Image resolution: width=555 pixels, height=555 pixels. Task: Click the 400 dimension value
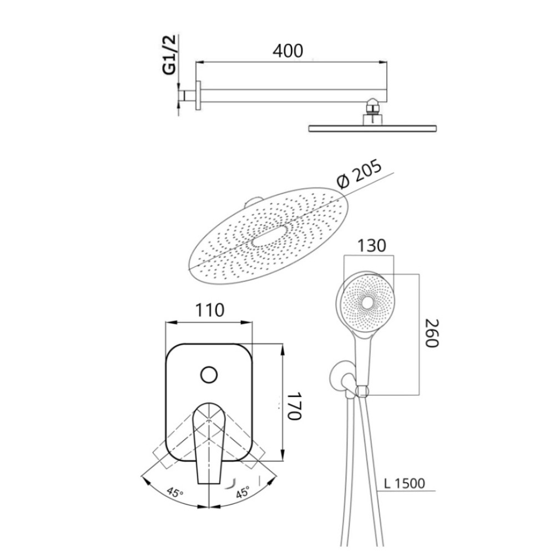pyautogui.click(x=287, y=51)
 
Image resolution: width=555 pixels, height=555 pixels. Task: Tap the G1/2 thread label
pyautogui.click(x=169, y=54)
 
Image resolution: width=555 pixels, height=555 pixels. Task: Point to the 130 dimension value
pyautogui.click(x=371, y=246)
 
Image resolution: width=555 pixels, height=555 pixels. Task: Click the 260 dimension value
pyautogui.click(x=432, y=334)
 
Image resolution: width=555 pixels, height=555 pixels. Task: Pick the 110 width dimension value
pyautogui.click(x=210, y=310)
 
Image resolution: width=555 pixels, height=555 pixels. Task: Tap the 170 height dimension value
pyautogui.click(x=294, y=406)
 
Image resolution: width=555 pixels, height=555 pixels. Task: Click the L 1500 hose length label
pyautogui.click(x=404, y=483)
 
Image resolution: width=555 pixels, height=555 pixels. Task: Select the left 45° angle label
pyautogui.click(x=175, y=492)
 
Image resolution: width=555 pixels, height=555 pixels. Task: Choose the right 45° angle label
pyautogui.click(x=243, y=492)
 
